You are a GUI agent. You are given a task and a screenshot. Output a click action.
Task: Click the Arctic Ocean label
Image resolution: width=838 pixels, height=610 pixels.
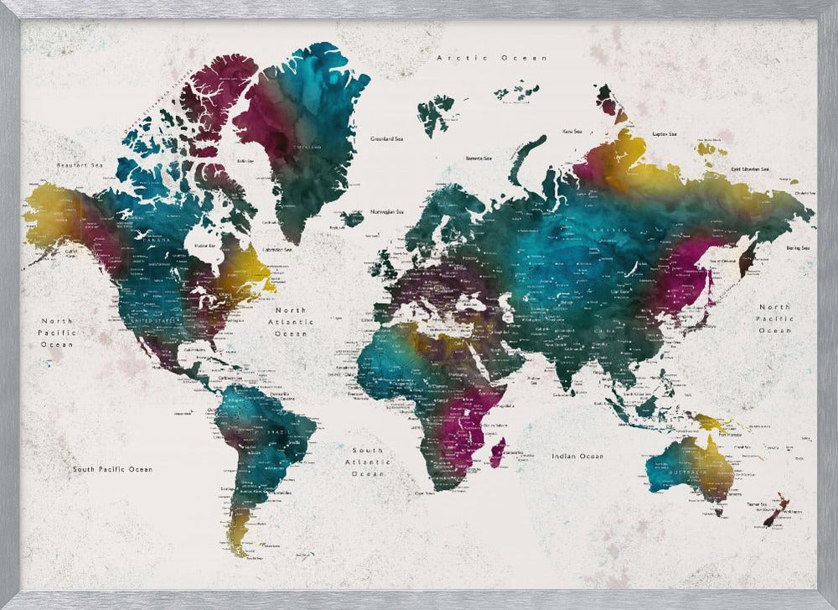click(492, 58)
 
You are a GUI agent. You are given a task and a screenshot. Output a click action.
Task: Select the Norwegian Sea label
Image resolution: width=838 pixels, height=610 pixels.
click(388, 211)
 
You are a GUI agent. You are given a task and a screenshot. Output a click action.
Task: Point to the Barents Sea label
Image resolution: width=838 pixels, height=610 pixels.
click(478, 158)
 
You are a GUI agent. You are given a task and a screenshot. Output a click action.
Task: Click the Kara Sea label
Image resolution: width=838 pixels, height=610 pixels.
click(572, 131)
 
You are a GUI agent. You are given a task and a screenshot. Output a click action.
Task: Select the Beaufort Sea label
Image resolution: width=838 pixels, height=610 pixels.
click(79, 165)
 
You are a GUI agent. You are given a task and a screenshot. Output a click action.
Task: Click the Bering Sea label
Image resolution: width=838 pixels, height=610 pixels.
click(798, 248)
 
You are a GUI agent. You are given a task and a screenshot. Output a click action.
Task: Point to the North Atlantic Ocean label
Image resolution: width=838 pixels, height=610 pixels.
click(291, 321)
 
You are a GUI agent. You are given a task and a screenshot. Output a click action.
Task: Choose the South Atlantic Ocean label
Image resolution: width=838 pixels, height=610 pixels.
click(367, 461)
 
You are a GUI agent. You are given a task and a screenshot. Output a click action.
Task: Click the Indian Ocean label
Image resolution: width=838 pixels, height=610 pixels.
click(577, 456)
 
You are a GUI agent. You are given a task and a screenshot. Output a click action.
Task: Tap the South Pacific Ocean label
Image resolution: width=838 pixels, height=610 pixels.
click(112, 469)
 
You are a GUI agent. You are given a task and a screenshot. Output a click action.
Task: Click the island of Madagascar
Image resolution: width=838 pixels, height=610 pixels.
click(497, 453)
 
